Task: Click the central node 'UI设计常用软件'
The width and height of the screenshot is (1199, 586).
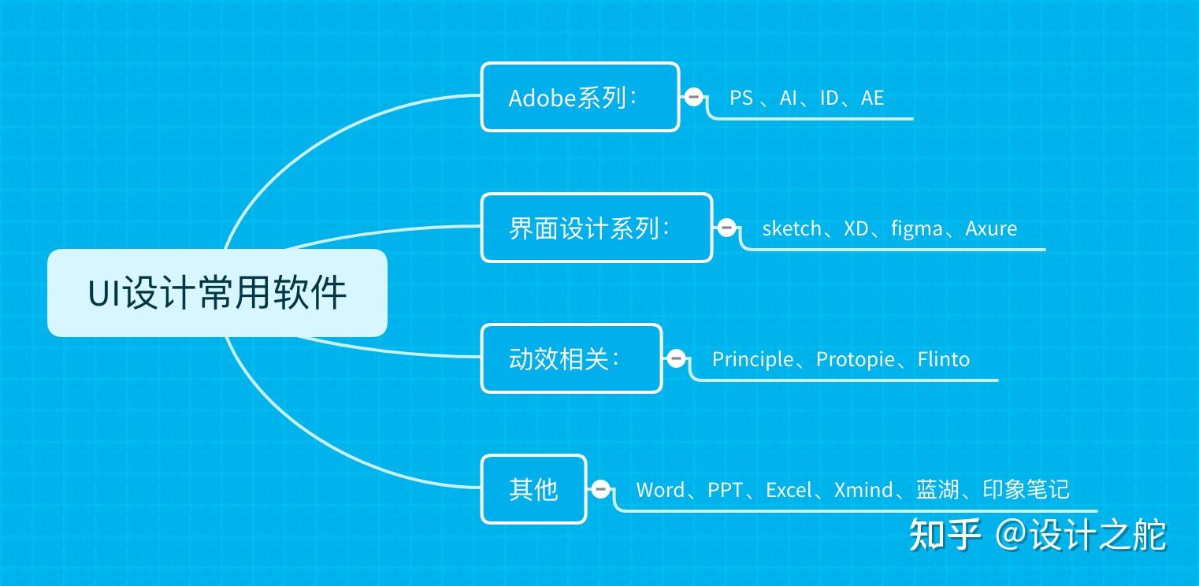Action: click(x=217, y=293)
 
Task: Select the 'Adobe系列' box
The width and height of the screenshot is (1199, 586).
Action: click(x=580, y=97)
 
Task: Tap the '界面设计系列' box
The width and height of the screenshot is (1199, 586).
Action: click(x=596, y=228)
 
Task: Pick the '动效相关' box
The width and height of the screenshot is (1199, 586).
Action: click(x=571, y=358)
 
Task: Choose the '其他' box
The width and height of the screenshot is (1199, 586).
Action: click(x=533, y=489)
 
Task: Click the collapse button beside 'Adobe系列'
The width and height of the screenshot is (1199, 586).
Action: click(x=694, y=97)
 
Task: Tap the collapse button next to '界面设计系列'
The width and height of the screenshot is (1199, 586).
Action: click(x=727, y=228)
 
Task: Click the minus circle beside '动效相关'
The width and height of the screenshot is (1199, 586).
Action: click(x=676, y=358)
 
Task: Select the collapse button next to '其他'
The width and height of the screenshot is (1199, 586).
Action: click(x=601, y=489)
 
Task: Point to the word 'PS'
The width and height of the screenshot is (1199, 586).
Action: click(x=741, y=98)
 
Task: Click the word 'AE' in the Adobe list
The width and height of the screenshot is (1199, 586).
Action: click(x=872, y=98)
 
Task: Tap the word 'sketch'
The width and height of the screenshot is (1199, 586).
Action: click(x=792, y=228)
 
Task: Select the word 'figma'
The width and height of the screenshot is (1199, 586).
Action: click(x=917, y=228)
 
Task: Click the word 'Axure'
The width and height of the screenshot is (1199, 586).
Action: click(x=991, y=228)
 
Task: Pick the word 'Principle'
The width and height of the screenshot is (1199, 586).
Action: click(x=752, y=359)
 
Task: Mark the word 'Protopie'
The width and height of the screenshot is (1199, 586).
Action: click(x=856, y=359)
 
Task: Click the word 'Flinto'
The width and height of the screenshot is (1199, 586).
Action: click(x=944, y=359)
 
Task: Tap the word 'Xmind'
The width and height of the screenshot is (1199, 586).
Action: click(x=863, y=490)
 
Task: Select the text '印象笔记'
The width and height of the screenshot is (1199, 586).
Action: click(x=1026, y=490)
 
